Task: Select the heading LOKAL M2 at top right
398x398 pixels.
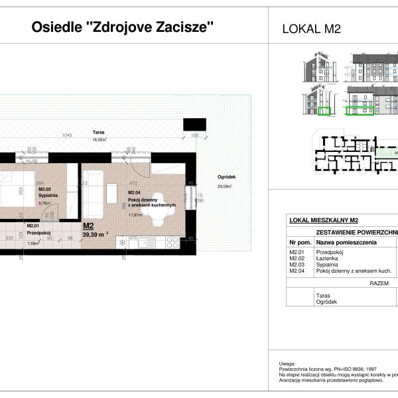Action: [x=311, y=29]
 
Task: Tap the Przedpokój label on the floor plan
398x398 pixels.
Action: [x=38, y=233]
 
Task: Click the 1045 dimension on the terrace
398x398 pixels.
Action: [x=66, y=136]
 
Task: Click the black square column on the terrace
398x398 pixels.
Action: [x=194, y=123]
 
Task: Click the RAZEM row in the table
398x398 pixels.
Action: [x=378, y=281]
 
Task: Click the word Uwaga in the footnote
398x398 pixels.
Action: [x=287, y=364]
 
